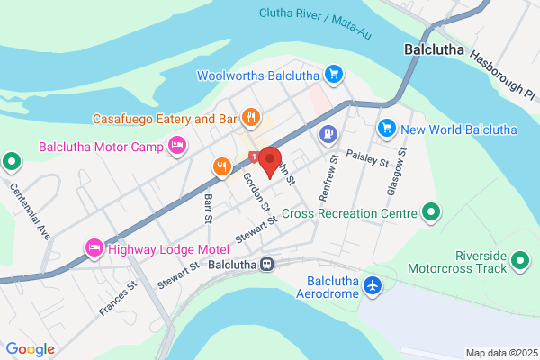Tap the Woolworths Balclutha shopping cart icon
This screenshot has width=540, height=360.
pos(334,73)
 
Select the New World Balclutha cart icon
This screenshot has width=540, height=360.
pos(387,130)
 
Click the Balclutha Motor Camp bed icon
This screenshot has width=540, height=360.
pos(177,145)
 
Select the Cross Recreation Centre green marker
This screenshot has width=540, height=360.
pos(431,213)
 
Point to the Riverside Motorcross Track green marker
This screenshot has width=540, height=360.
pos(519,261)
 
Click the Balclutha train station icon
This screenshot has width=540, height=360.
pos(267,265)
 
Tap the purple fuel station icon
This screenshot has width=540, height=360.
pos(328,135)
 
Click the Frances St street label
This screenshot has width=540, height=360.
pos(118,297)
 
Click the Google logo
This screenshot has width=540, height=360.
pos(30,349)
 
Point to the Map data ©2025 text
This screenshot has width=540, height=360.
pos(500,353)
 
